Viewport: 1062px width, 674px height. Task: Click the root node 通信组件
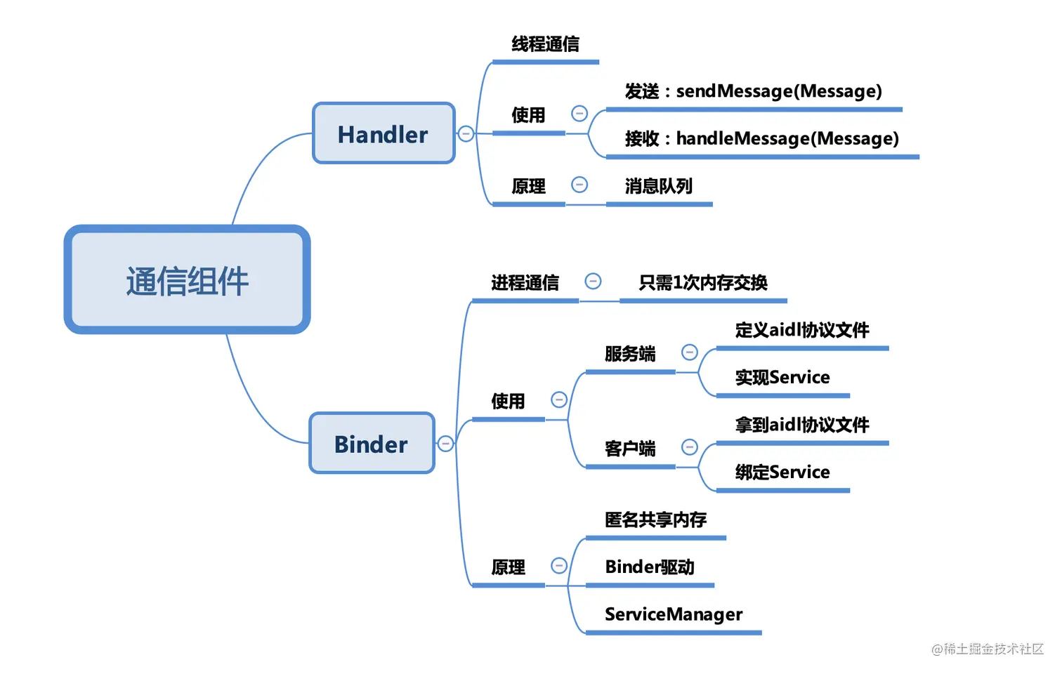point(187,280)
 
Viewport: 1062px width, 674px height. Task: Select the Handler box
point(383,133)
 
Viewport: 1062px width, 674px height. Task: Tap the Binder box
point(372,444)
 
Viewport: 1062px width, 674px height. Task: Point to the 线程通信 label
point(545,44)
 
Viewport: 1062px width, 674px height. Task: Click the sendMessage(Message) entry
point(753,91)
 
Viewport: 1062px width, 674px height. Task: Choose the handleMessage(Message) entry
point(761,139)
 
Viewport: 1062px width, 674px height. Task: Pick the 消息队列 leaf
point(658,186)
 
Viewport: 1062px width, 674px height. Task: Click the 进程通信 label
point(525,283)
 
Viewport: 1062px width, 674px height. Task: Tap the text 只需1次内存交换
point(702,283)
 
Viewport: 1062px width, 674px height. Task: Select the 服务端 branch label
point(629,354)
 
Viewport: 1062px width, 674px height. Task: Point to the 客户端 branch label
point(629,449)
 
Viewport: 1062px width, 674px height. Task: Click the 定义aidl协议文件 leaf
point(801,330)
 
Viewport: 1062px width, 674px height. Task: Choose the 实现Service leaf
point(782,378)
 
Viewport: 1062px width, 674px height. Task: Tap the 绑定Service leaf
point(782,473)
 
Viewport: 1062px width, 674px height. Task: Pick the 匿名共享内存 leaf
point(655,520)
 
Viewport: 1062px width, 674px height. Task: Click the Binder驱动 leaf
point(649,567)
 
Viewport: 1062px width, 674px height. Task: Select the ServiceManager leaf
point(673,614)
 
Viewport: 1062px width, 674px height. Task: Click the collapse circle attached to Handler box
point(466,133)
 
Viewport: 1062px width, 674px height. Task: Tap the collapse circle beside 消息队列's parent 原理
point(579,185)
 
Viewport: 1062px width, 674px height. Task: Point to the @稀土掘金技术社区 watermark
point(987,649)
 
